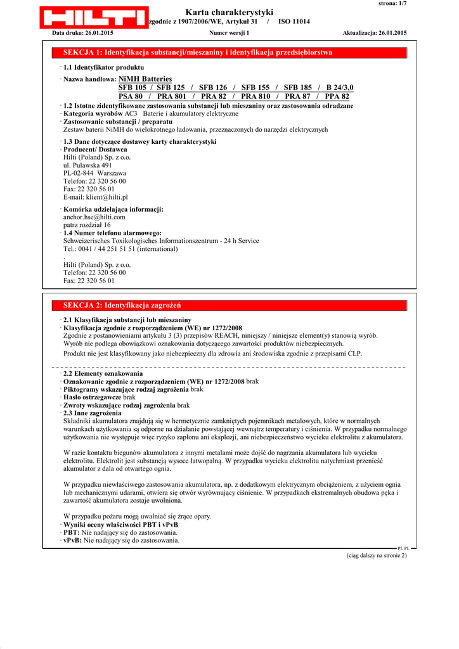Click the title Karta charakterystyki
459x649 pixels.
coord(229,12)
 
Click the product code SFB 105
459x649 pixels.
coord(133,87)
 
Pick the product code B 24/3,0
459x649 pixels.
coord(340,87)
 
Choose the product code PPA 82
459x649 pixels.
coord(337,96)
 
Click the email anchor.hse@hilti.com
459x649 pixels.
coord(94,217)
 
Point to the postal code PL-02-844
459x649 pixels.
coord(79,173)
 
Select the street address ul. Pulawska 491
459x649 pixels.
coord(87,165)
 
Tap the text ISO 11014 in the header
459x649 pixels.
coord(294,22)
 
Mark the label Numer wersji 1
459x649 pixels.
coord(229,32)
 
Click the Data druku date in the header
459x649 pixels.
coord(82,32)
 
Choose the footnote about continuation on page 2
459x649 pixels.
coord(376,555)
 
